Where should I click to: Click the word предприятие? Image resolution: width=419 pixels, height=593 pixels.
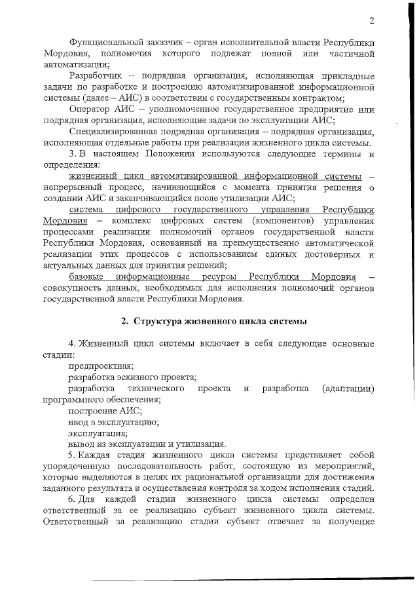click(323, 109)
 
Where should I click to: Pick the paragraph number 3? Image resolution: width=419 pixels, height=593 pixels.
click(72, 155)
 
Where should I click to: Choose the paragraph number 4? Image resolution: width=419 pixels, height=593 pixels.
click(71, 345)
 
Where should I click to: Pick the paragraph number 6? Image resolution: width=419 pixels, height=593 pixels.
click(71, 501)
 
